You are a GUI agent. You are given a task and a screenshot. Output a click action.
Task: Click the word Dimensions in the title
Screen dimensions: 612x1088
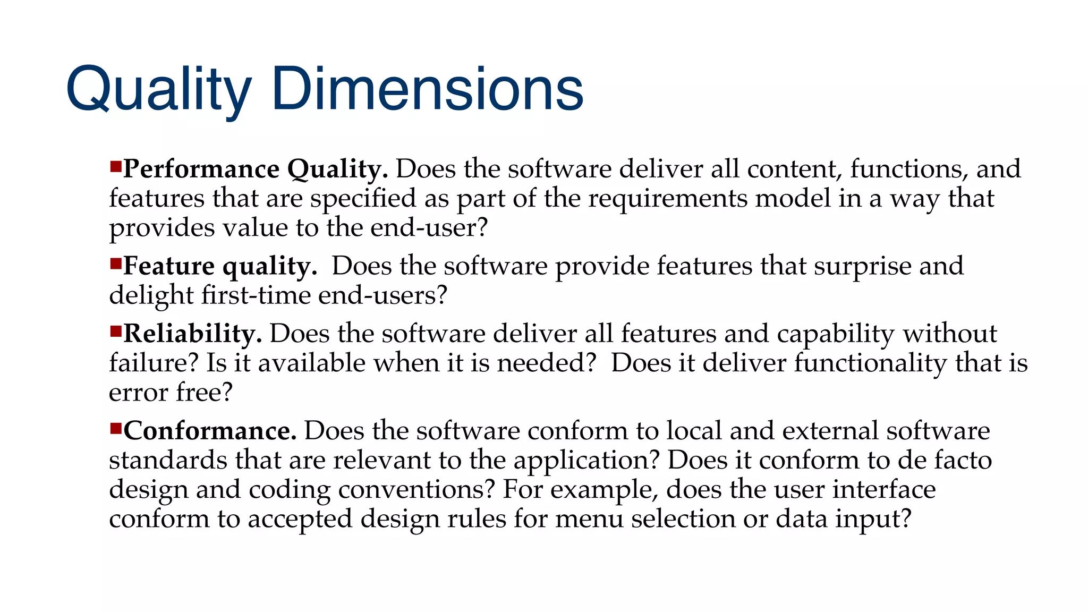click(428, 89)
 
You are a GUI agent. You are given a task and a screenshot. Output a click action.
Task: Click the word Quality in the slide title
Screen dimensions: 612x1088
click(158, 89)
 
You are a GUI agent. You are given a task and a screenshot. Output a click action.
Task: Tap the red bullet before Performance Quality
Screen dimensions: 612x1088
click(116, 167)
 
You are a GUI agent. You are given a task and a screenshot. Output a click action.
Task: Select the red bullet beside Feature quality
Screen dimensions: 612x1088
click(116, 263)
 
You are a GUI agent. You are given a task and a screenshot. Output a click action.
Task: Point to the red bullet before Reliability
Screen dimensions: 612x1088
click(116, 331)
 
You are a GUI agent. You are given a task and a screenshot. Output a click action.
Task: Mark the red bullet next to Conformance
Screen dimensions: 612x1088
click(116, 428)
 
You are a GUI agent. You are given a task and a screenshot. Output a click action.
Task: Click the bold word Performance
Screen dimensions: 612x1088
click(201, 169)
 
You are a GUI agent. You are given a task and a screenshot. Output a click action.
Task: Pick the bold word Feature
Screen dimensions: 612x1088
click(168, 266)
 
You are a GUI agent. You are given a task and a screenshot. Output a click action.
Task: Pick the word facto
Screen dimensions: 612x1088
click(963, 460)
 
